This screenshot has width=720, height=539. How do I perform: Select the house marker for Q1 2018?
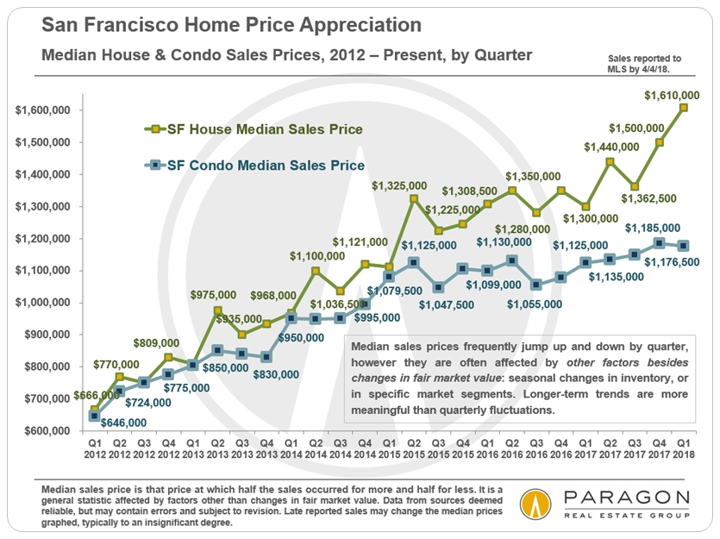tap(683, 108)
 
